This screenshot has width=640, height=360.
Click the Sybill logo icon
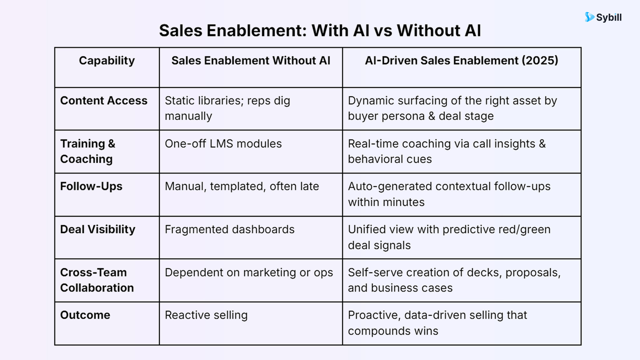tap(589, 17)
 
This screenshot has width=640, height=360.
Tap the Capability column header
tap(107, 61)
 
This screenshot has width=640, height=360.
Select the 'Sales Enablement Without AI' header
tap(251, 61)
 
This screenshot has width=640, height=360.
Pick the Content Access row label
tap(104, 101)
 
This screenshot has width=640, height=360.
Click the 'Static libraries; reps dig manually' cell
tap(227, 108)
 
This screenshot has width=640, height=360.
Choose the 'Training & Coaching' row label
tap(88, 151)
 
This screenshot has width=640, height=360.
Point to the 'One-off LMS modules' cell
tap(223, 144)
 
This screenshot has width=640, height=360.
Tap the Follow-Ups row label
tap(91, 186)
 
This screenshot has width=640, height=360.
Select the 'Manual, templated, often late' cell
tap(242, 186)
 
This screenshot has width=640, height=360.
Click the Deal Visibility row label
tap(98, 229)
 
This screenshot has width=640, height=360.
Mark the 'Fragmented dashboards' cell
tap(230, 229)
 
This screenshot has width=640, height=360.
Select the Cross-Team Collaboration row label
tap(97, 280)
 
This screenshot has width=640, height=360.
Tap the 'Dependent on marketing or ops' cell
tap(249, 272)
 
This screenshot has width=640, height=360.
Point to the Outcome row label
tap(85, 315)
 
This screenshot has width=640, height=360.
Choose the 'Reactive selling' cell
tap(206, 315)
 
